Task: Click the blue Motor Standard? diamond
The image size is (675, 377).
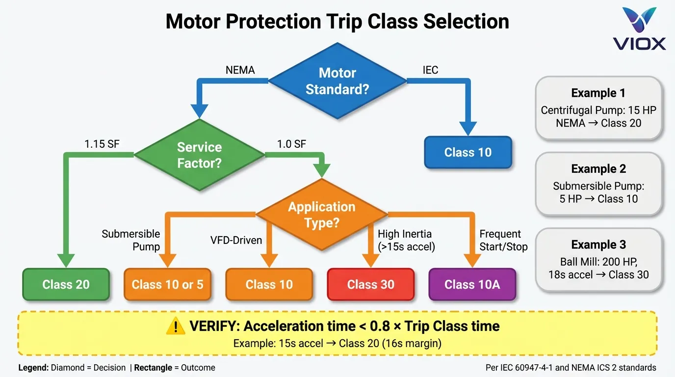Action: coord(337,81)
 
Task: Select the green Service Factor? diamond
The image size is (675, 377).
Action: coord(199,155)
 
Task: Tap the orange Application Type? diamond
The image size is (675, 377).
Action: coord(321,215)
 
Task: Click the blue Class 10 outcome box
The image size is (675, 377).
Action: coord(467,153)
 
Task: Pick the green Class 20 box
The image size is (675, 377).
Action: coord(66,285)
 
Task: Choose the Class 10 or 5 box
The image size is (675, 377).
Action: coord(167,285)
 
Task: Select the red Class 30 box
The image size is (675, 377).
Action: coord(370,285)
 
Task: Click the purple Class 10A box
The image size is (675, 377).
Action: coord(472,285)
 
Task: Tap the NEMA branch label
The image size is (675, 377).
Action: coord(240,70)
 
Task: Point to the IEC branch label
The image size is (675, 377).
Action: coord(430,70)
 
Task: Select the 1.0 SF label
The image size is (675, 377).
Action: coord(291,144)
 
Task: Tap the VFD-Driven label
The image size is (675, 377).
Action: coord(236,241)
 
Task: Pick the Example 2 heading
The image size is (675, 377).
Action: coord(598,169)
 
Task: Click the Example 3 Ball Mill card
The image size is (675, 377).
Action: coord(598,260)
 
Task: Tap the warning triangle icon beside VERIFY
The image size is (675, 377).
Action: coord(176,326)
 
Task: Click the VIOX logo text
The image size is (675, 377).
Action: coord(639,43)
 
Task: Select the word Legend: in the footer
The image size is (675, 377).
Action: coord(33,368)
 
